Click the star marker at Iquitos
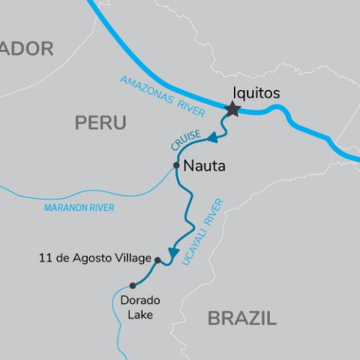(x=232, y=109)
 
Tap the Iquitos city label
(x=255, y=93)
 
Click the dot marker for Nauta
(x=175, y=165)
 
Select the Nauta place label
(x=204, y=166)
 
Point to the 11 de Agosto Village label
(x=94, y=259)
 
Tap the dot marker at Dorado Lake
(x=133, y=285)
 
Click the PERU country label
(x=100, y=123)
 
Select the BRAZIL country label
(x=241, y=318)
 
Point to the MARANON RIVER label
(x=79, y=208)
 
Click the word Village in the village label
(x=133, y=259)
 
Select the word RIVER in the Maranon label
(x=99, y=208)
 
